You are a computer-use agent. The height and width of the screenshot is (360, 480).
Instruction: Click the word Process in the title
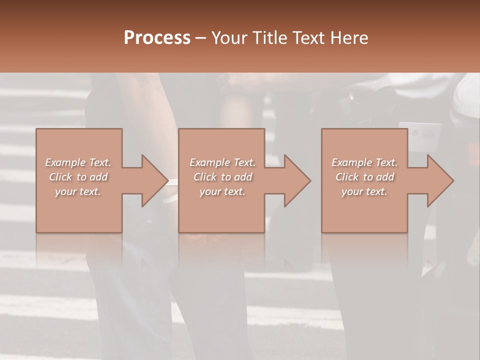click(x=157, y=38)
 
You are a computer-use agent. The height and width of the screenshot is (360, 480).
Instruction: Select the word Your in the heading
click(x=229, y=38)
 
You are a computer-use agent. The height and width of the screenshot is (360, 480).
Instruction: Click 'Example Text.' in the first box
click(x=78, y=162)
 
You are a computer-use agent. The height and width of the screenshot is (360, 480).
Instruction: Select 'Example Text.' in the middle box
click(x=222, y=162)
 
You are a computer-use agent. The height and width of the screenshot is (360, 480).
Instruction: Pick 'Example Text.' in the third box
click(x=364, y=162)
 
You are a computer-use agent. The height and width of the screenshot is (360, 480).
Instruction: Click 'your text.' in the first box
click(x=78, y=191)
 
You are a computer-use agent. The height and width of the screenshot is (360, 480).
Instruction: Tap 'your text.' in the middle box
click(x=222, y=191)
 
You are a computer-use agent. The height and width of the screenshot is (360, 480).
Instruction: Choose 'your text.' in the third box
click(x=364, y=191)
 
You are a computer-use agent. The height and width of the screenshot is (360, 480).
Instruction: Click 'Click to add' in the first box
click(x=78, y=177)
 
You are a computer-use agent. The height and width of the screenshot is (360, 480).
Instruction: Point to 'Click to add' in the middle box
click(x=222, y=177)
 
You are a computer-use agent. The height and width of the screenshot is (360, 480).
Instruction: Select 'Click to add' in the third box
click(x=364, y=177)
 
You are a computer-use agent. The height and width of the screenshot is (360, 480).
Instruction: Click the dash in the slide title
click(x=200, y=38)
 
